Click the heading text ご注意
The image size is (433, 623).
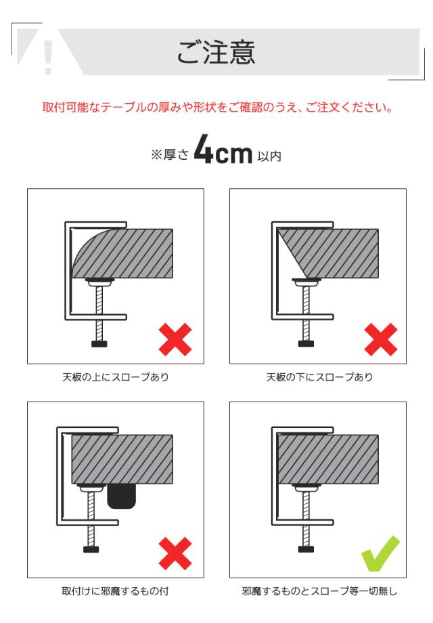coord(216,53)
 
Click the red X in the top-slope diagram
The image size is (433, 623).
coord(175,340)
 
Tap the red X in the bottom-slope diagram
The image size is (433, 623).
coord(381,340)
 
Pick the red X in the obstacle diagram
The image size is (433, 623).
coord(175,553)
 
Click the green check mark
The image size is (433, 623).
coord(380,552)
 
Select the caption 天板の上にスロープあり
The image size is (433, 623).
coord(116,377)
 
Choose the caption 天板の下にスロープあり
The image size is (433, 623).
coord(319,377)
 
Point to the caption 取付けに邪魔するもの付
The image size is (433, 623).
coord(116,591)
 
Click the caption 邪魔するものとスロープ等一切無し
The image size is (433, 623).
coord(319,591)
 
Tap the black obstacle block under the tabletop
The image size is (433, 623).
coord(122,496)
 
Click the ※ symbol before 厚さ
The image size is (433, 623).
coord(156,155)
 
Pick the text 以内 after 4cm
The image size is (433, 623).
coord(269,156)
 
